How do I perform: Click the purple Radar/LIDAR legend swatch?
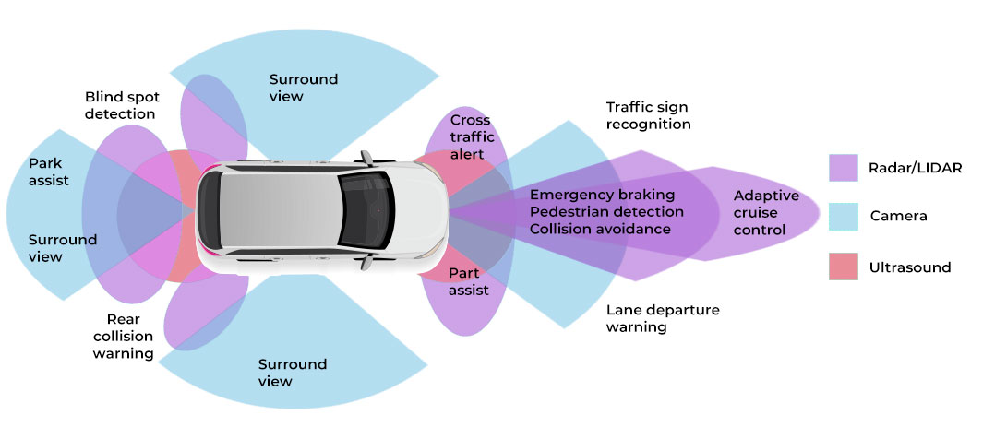point(843,167)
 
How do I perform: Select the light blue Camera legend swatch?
point(843,217)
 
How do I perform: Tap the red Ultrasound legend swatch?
point(843,267)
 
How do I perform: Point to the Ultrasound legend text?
point(909,267)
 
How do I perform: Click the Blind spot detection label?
point(120,104)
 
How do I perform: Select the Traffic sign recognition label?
point(648,115)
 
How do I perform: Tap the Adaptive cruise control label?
point(766,212)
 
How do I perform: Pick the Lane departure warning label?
point(662,318)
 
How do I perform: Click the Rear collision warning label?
point(123,336)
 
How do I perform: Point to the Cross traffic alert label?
point(470,137)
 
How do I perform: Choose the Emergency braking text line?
point(602,195)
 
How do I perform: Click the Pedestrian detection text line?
point(606,212)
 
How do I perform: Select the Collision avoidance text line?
point(600,229)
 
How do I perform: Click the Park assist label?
point(48,172)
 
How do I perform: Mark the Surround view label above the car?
point(303,87)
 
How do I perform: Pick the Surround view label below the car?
point(293,373)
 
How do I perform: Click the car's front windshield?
point(365,210)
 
